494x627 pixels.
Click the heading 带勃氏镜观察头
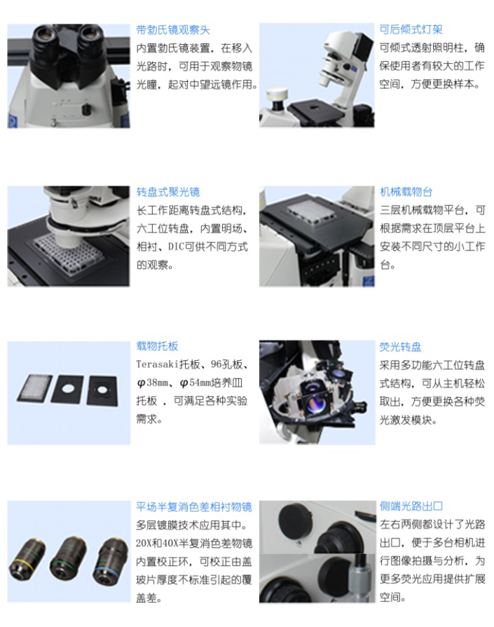pos(173,30)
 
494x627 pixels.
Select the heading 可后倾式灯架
pos(411,29)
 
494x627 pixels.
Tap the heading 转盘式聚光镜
pos(168,192)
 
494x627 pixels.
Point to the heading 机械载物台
pos(406,192)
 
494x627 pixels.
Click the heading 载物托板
pos(157,346)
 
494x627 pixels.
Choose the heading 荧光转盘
pos(400,347)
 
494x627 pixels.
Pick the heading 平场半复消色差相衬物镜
pos(194,507)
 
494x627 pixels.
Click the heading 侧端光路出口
pos(411,506)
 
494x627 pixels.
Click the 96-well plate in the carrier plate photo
pos(35,388)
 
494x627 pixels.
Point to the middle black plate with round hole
pos(68,389)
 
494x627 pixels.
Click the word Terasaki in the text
pos(158,364)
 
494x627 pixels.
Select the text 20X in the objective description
pos(144,543)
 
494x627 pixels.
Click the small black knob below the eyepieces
pos(86,109)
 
